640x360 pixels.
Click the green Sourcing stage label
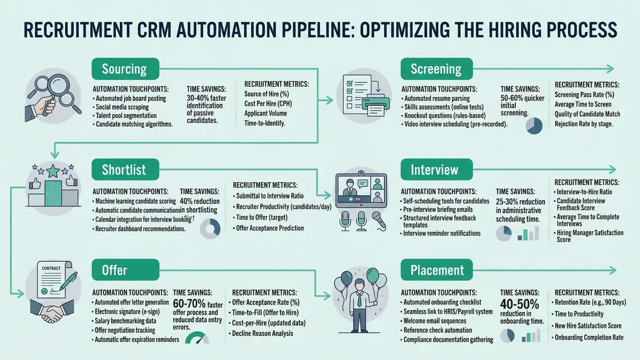(124, 69)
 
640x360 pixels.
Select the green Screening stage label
(436, 69)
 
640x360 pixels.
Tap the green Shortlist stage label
(124, 170)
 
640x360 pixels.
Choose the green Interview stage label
(434, 170)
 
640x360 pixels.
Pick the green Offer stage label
(114, 270)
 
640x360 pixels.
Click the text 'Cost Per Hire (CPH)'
(268, 103)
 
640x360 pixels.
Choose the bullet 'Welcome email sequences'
(435, 321)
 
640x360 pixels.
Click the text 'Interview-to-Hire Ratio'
(584, 191)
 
